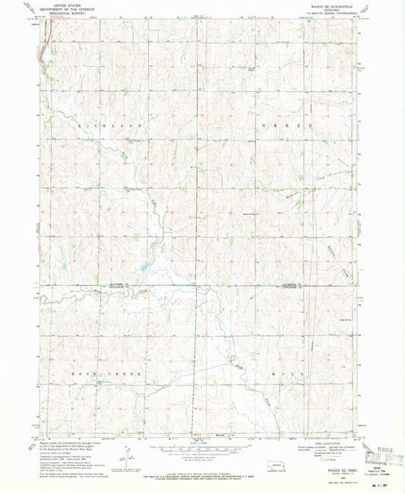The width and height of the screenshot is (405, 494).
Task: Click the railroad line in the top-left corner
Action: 40,46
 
